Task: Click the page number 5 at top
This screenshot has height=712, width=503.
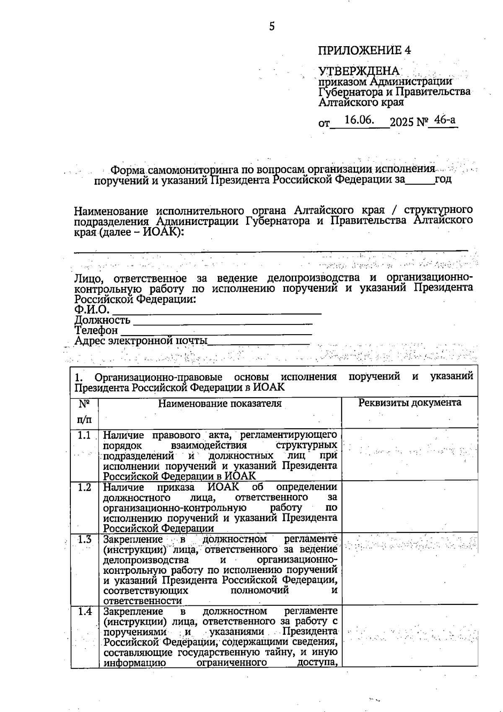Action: (272, 26)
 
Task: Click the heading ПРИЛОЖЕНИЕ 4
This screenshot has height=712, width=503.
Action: (364, 50)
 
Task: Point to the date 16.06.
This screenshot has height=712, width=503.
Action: (359, 120)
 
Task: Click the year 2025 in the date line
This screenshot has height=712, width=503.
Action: (402, 122)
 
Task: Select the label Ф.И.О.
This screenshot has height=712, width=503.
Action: (92, 310)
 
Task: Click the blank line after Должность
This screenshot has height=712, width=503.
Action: (222, 322)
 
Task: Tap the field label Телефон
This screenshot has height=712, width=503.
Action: (96, 330)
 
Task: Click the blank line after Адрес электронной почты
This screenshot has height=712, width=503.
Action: (259, 342)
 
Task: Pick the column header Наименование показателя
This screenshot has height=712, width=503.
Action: (220, 403)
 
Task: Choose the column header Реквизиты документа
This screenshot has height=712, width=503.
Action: (410, 403)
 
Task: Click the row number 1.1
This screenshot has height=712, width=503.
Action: (84, 435)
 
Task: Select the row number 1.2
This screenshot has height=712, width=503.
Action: (84, 487)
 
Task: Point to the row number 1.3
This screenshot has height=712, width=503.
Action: (84, 539)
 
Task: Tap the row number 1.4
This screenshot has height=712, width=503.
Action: (84, 611)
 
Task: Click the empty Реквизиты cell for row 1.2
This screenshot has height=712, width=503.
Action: (410, 507)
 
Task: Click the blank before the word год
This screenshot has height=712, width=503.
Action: (420, 181)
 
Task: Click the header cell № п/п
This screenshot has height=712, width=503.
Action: (84, 412)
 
